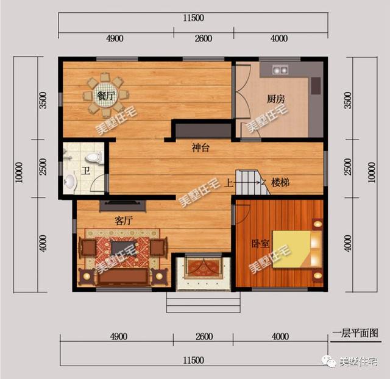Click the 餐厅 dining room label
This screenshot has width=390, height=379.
tap(105, 96)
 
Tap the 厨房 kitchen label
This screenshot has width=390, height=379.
tap(276, 99)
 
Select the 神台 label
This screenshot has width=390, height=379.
tap(200, 148)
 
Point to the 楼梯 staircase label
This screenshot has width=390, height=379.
tap(280, 183)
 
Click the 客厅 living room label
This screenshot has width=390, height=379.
tap(123, 221)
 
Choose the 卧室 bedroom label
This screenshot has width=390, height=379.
tap(260, 244)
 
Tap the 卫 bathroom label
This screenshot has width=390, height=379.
tap(86, 171)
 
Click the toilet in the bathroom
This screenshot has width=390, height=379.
tap(94, 158)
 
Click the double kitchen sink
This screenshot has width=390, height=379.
tap(280, 70)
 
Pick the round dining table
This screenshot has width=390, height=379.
tap(105, 95)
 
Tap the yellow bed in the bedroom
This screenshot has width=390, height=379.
tap(297, 249)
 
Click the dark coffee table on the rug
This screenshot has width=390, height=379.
tap(124, 248)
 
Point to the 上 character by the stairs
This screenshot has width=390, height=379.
tap(229, 183)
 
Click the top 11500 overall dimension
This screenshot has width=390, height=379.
tap(194, 18)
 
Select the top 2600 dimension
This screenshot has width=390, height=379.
tap(204, 38)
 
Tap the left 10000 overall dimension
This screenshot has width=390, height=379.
tap(19, 172)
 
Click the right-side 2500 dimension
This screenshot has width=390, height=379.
tap(348, 166)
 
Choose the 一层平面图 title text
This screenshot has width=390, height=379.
tap(355, 333)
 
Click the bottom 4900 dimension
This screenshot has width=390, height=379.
tap(119, 336)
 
